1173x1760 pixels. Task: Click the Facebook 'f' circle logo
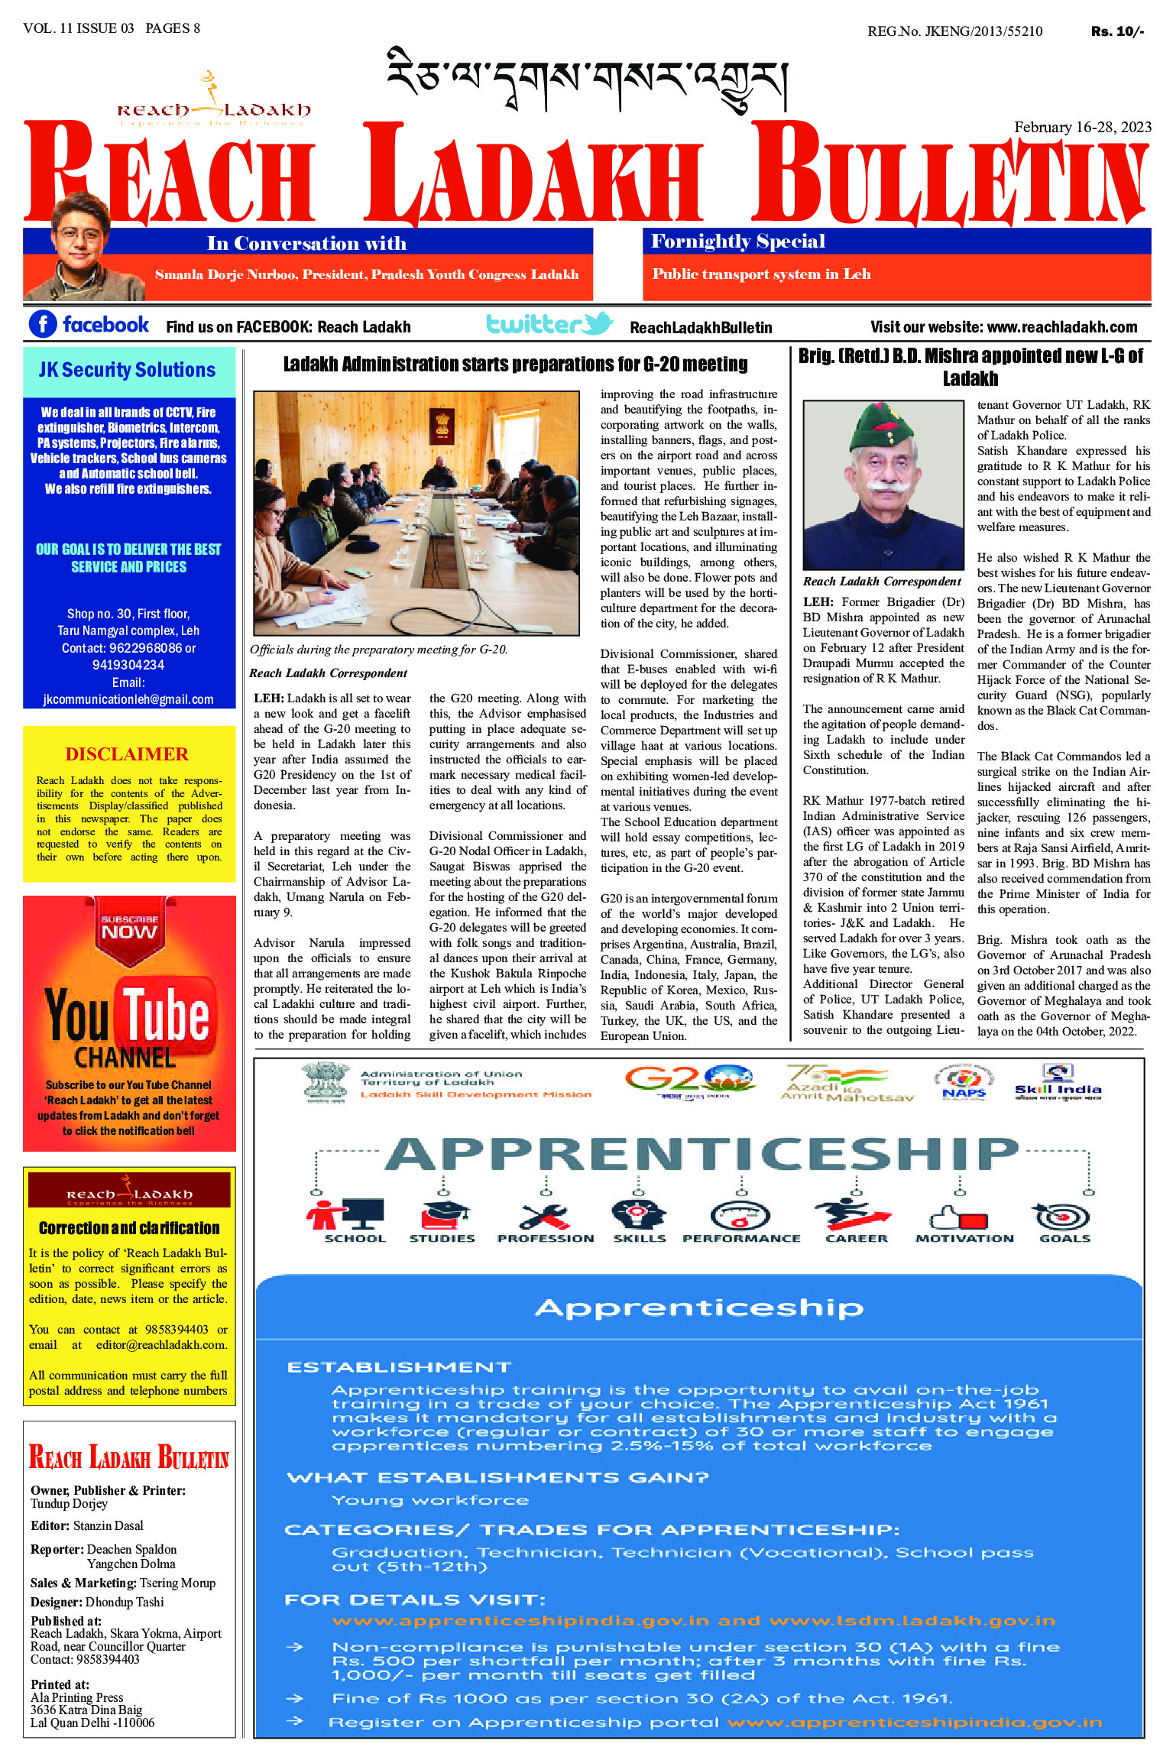pos(43,324)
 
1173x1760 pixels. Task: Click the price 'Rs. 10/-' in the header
pos(1116,31)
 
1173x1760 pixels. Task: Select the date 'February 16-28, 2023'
pos(1082,127)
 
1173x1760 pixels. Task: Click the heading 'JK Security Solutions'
pos(128,370)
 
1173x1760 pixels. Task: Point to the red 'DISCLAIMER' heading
pos(127,754)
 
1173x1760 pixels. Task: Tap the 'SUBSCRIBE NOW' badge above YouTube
pos(129,927)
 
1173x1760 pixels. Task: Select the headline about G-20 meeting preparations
pos(515,365)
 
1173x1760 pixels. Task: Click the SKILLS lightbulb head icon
pos(639,1214)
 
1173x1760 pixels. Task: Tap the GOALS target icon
pos(1063,1215)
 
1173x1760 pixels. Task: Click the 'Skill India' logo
pos(1058,1082)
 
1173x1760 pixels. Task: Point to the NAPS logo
pos(964,1083)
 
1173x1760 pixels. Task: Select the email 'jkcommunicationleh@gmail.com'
pos(128,699)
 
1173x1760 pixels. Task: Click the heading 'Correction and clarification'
pos(129,1228)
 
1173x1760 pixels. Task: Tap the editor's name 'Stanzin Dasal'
pos(109,1525)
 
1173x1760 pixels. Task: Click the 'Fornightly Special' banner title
pos(737,241)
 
